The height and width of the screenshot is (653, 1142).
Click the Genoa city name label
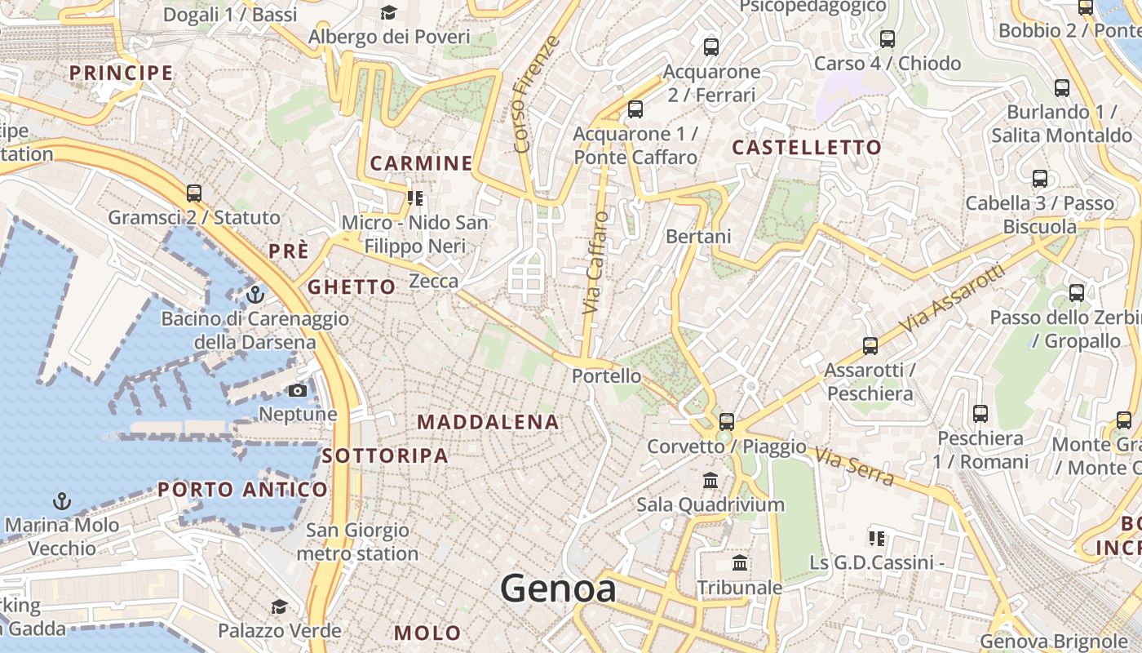pyautogui.click(x=558, y=588)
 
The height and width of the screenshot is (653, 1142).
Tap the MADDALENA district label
pyautogui.click(x=488, y=422)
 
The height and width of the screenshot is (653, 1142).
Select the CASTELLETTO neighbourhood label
pyautogui.click(x=807, y=148)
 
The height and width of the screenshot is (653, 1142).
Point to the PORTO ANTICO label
pyautogui.click(x=242, y=490)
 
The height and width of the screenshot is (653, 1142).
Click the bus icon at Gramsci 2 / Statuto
pyautogui.click(x=194, y=193)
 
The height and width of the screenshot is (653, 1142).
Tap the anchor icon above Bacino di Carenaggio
pyautogui.click(x=255, y=294)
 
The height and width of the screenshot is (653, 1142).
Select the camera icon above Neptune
pyautogui.click(x=298, y=391)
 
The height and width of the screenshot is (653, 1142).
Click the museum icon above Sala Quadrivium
pyautogui.click(x=710, y=480)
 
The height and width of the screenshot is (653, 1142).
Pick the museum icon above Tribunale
pyautogui.click(x=740, y=562)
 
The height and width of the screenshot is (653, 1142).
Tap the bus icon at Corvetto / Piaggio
pyautogui.click(x=726, y=422)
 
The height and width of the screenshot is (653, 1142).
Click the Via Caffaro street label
pyautogui.click(x=596, y=263)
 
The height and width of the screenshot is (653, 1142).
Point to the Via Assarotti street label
pyautogui.click(x=952, y=297)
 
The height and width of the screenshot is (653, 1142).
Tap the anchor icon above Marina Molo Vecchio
pyautogui.click(x=61, y=500)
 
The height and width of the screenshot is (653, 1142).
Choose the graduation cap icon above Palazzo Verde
pyautogui.click(x=279, y=606)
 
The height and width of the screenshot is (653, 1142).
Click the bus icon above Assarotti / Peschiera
pyautogui.click(x=870, y=346)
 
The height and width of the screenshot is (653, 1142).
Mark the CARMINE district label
pyautogui.click(x=422, y=163)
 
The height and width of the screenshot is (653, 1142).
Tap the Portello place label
pyautogui.click(x=606, y=376)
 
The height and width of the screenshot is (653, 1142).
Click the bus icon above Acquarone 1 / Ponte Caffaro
pyautogui.click(x=635, y=109)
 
